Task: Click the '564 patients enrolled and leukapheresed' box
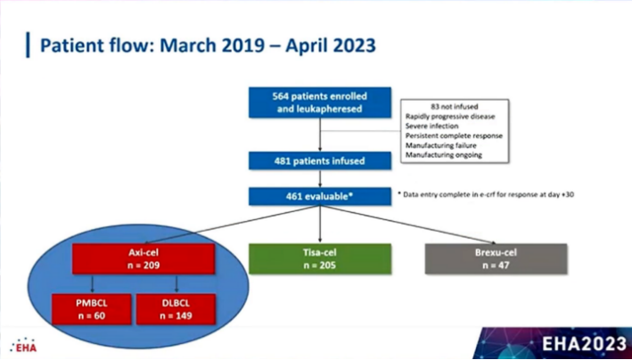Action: point(320,102)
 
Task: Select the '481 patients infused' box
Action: point(320,161)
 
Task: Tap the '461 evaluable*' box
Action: point(320,196)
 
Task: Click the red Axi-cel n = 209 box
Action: point(144,258)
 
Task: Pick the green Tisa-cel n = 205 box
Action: point(320,258)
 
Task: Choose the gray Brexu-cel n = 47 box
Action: point(497,258)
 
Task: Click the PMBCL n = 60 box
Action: point(92,309)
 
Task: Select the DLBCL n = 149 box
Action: point(176,309)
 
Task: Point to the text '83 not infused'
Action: point(454,107)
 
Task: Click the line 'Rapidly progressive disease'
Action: point(450,117)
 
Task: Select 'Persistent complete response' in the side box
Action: point(454,135)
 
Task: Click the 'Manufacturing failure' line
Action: point(441,145)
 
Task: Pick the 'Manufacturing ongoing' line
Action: point(443,155)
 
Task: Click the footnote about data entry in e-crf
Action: point(486,195)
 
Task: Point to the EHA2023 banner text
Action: point(584,344)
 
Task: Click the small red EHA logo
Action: point(23,346)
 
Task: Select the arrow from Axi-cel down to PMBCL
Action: point(93,283)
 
